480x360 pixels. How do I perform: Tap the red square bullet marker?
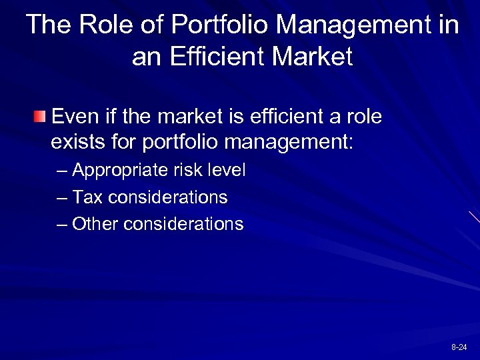pos(41,119)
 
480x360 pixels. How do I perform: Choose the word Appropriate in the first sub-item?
pos(117,171)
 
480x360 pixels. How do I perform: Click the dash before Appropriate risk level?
pos(62,171)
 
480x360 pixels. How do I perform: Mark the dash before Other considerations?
pos(62,225)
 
